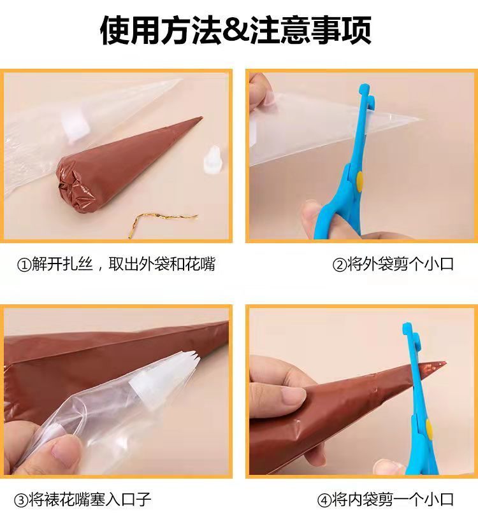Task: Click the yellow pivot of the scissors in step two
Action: tap(359, 181)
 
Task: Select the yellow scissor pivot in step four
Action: tap(430, 428)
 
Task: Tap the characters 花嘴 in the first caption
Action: tap(200, 264)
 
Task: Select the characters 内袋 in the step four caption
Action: tap(363, 500)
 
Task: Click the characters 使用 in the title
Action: tap(129, 31)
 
